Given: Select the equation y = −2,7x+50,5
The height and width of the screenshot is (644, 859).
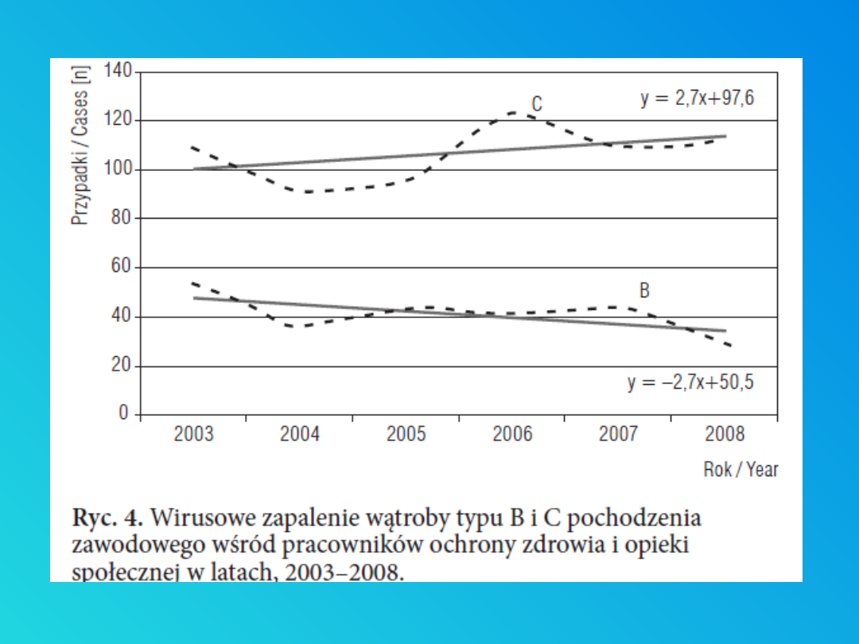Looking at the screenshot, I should [x=690, y=382].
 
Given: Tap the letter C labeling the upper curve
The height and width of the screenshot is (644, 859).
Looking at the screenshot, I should [x=537, y=104].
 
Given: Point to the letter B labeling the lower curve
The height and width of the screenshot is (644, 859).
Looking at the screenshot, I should [x=644, y=291].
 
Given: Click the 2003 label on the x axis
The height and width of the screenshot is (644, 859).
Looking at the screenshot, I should [x=193, y=434].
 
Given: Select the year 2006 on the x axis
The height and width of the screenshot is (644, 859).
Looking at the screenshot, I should [x=512, y=434].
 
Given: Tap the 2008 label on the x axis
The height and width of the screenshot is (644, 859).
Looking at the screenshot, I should [x=725, y=434].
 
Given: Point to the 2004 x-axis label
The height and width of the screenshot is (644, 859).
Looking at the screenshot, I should [x=300, y=434].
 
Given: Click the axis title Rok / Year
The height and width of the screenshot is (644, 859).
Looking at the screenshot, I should [x=740, y=469].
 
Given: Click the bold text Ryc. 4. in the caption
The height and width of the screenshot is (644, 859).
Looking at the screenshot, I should [x=107, y=518].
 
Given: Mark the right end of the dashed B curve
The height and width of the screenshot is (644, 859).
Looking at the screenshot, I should [x=729, y=345].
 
